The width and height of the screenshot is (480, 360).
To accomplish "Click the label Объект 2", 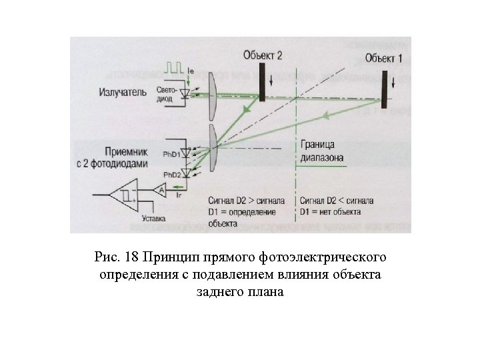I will [x=267, y=54].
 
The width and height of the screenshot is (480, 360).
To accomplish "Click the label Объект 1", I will [x=383, y=59].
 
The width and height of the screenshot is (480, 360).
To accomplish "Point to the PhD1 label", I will [x=171, y=154].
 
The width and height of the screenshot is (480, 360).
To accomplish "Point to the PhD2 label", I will [x=171, y=175].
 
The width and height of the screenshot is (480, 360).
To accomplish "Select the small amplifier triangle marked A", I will [x=160, y=191].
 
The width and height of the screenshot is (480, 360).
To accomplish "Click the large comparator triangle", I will [x=125, y=195].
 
